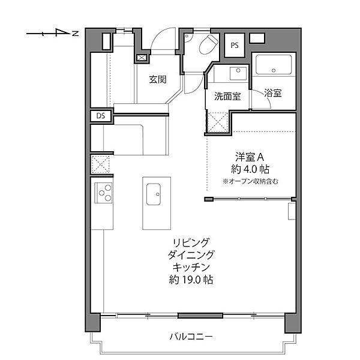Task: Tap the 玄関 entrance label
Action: point(158,79)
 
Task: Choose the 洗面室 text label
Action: point(227,96)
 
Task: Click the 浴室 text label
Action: point(272,94)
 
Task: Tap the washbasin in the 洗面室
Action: point(237,73)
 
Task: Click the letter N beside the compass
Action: point(76,34)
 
